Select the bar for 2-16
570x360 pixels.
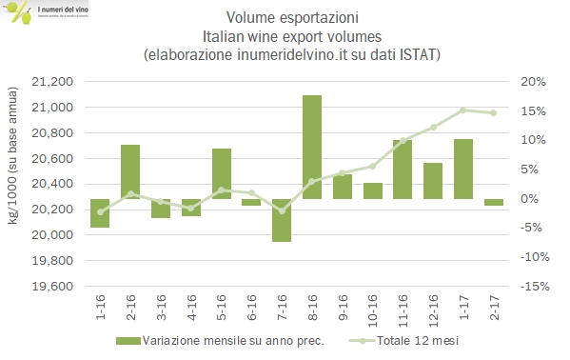(x=130, y=171)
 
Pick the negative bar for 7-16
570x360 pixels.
(x=282, y=220)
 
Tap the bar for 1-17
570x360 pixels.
(x=463, y=169)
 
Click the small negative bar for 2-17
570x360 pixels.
(x=494, y=202)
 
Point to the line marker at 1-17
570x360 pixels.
(x=463, y=110)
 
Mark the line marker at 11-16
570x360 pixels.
(x=403, y=140)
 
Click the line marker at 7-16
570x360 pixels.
(x=282, y=210)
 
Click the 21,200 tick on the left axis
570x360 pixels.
(x=53, y=82)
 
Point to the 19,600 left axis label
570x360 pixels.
(x=53, y=287)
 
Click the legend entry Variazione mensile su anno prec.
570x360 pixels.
(x=225, y=341)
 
